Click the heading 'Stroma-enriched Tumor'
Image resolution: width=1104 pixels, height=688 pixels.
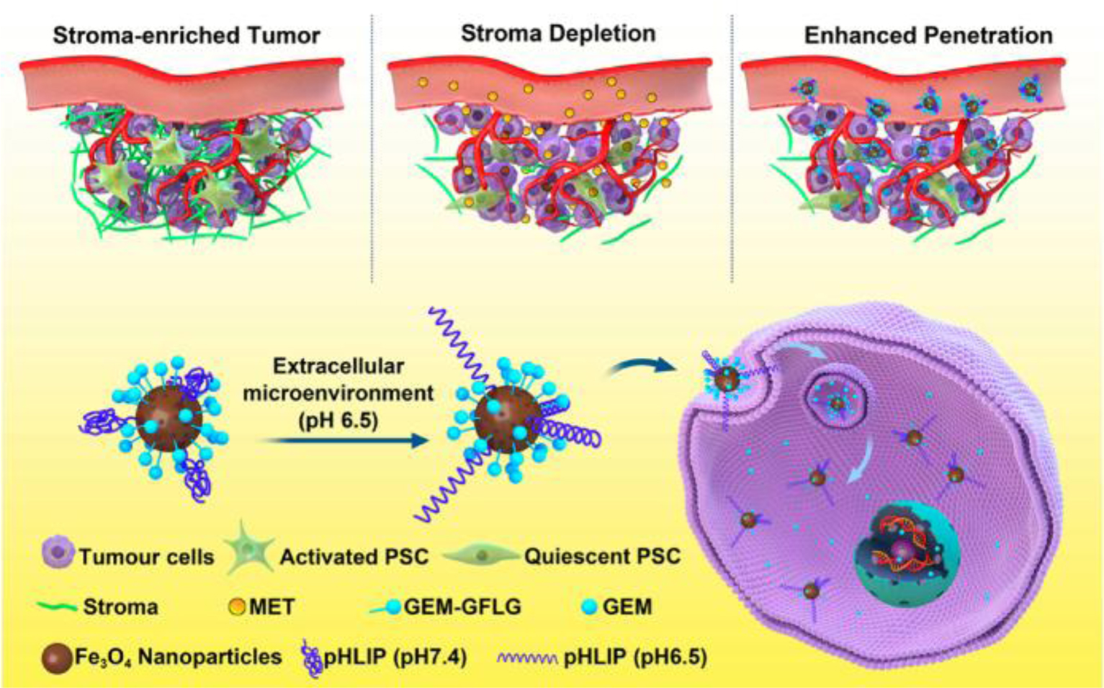pos(187,35)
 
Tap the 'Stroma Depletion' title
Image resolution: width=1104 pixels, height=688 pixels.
pos(558,34)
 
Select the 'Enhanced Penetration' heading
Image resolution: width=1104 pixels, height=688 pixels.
pos(928,35)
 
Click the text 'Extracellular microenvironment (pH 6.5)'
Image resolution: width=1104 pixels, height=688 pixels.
pos(338,393)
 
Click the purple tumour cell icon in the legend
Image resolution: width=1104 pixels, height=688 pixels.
pos(58,555)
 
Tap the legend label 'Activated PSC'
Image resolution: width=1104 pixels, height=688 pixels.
pos(354,557)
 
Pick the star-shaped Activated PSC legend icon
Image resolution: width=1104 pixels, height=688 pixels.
pos(248,553)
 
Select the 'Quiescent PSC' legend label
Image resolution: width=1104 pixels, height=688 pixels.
pos(602,557)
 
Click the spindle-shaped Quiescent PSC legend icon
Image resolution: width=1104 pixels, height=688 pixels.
pos(480,555)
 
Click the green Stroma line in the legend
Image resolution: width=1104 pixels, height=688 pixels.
pos(57,607)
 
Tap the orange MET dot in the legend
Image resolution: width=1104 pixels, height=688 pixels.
pos(237,607)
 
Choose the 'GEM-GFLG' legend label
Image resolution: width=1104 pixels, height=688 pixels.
pos(462,607)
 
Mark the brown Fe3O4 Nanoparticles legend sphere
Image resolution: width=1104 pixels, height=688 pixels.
pos(57,657)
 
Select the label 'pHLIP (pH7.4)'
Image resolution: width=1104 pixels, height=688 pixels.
pos(395,657)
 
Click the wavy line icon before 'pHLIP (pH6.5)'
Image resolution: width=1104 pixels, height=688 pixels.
pos(526,658)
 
